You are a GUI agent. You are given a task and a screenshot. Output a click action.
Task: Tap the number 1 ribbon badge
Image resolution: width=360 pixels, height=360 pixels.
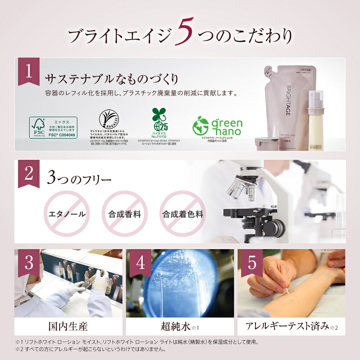point(29,71)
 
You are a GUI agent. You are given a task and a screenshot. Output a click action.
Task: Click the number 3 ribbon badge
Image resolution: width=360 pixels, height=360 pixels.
point(29,263)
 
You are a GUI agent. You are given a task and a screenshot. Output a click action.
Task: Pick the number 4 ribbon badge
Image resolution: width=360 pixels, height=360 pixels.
point(140,263)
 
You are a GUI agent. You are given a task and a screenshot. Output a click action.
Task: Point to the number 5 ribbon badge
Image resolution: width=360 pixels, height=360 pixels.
point(252,263)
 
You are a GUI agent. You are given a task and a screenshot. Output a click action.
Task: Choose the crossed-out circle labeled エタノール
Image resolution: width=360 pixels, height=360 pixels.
point(67,214)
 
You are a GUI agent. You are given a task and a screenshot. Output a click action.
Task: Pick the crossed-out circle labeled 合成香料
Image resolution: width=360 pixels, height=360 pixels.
point(125,214)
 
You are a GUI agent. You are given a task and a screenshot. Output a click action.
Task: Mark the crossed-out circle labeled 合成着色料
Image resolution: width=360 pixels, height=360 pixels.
point(183,214)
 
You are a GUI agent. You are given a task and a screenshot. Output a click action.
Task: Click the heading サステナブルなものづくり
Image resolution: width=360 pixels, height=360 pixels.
point(112,79)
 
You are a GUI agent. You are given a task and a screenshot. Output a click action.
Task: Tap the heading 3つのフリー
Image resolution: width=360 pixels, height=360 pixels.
point(80,179)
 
